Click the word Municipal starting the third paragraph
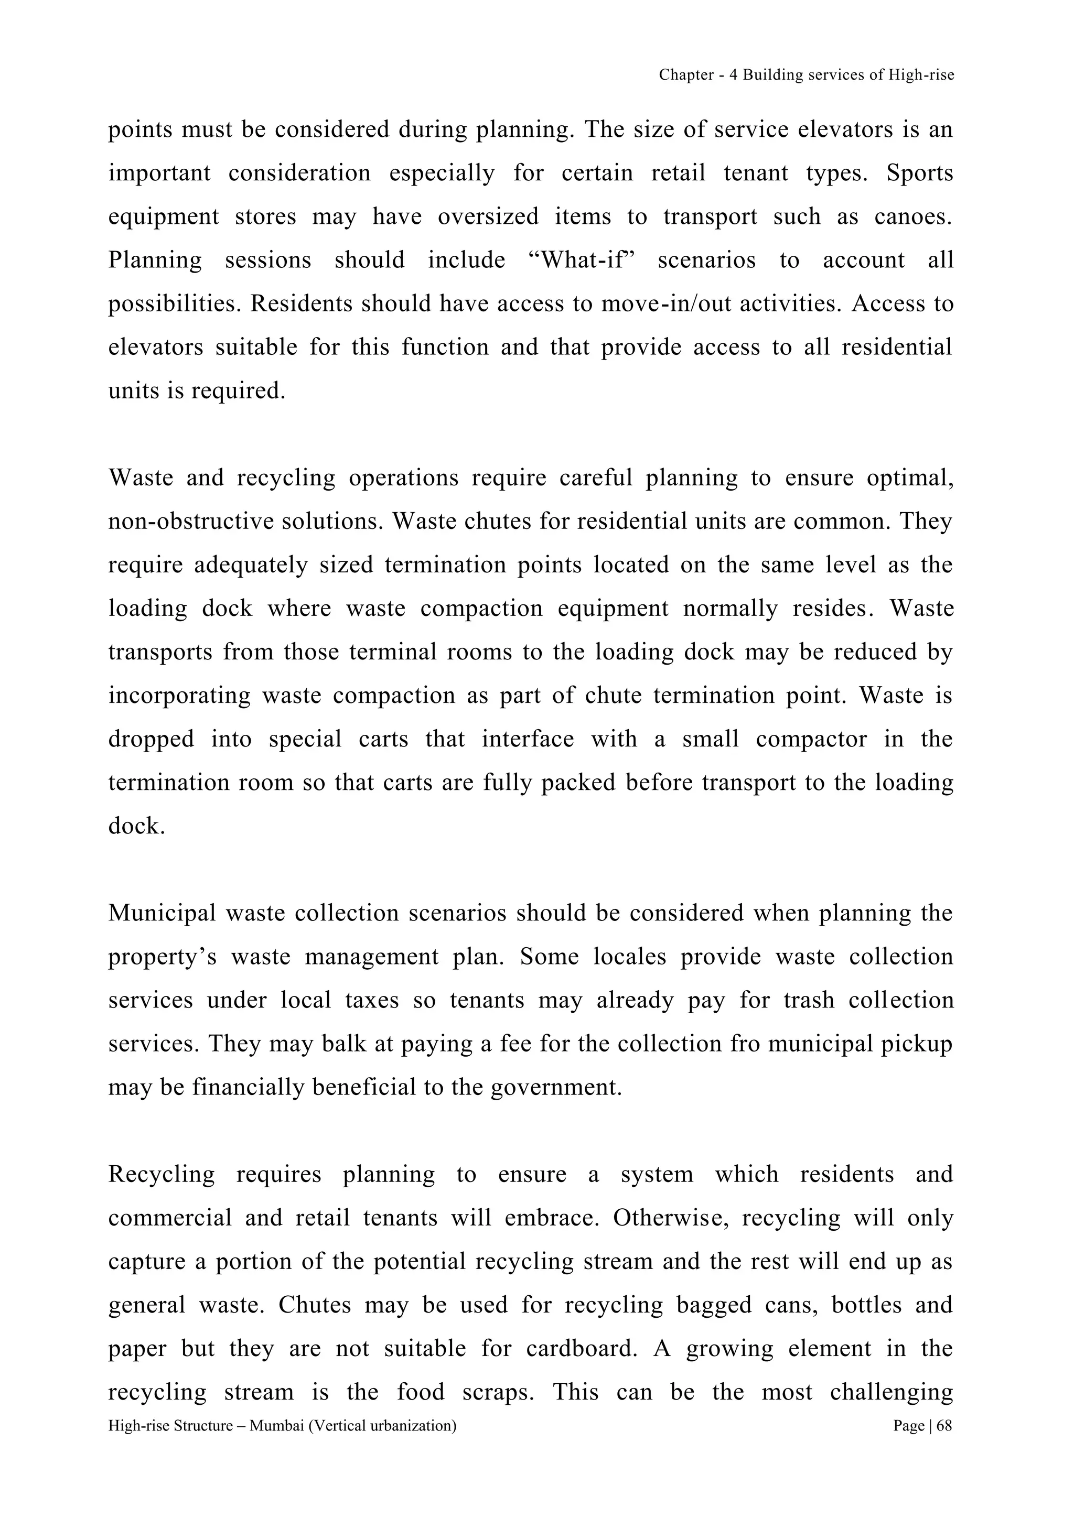tap(162, 914)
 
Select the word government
tap(556, 1088)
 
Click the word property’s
tap(162, 957)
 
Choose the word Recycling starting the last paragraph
tap(162, 1175)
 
